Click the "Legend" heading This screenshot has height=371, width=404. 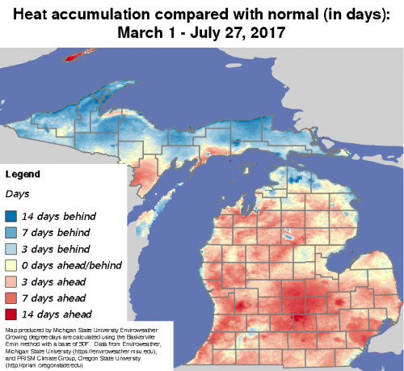23,174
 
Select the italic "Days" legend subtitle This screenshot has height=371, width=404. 17,194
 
